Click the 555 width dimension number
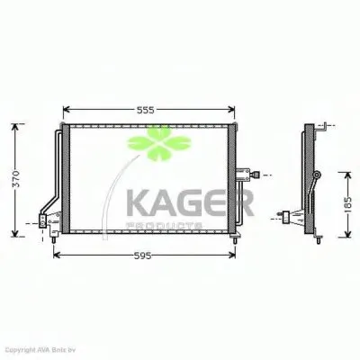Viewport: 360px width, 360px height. [x=147, y=110]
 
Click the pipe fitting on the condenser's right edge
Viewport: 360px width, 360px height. [x=251, y=174]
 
